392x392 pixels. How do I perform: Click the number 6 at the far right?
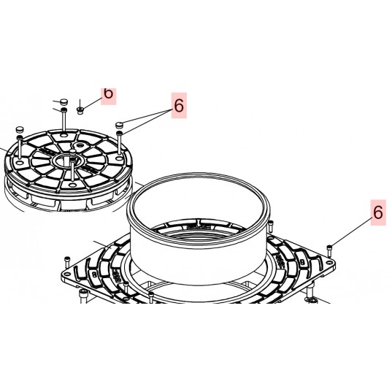pos(377,213)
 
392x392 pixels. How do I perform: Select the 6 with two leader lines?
pos(179,106)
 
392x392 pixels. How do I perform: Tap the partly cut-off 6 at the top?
pos(108,93)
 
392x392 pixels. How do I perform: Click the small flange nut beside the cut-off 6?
pos(81,110)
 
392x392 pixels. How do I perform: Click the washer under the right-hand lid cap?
pos(120,133)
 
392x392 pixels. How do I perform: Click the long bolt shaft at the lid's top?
pos(64,120)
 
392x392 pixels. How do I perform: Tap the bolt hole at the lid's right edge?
pos(118,153)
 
